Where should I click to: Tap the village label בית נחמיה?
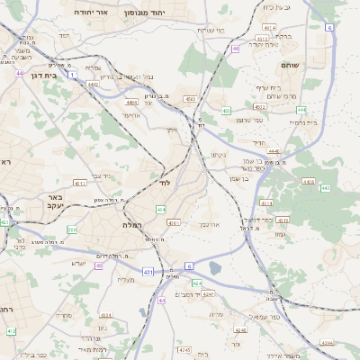coord(304,121)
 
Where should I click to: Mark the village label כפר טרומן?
coord(248,120)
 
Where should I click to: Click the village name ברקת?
coord(282,37)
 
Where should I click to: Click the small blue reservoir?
coord(214,267)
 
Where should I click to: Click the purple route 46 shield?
coord(235,49)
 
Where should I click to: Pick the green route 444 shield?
coord(301,110)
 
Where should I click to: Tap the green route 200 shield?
coord(72,230)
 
